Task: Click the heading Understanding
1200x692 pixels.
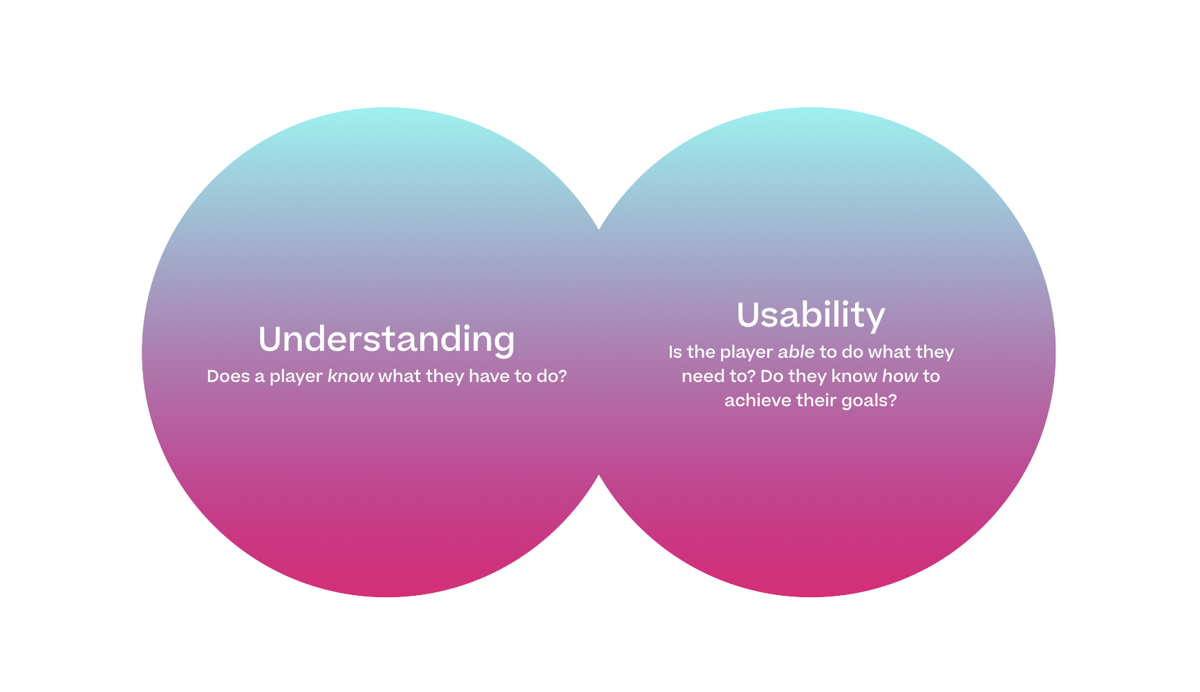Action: click(386, 340)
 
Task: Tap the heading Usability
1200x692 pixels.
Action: click(811, 316)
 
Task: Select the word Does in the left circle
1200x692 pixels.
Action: click(228, 376)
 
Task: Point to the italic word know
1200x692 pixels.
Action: click(350, 376)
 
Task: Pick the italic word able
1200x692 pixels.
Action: click(796, 352)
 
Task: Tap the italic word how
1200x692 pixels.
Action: click(900, 376)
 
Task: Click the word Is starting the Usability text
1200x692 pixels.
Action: click(675, 352)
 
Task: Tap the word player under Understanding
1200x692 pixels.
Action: click(296, 377)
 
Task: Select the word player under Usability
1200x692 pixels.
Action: click(747, 353)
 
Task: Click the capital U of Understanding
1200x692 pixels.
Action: click(271, 339)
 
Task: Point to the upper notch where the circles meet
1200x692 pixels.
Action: click(599, 230)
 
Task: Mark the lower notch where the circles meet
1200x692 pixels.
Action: click(599, 474)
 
